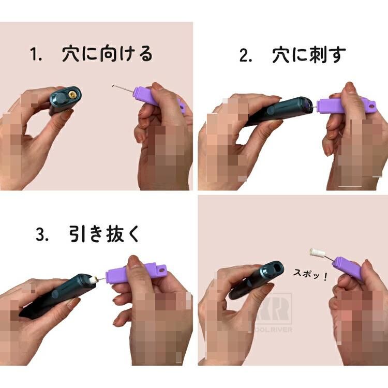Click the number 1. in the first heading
click(36, 54)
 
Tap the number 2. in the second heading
click(246, 55)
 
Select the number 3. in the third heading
click(42, 234)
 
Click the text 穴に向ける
click(107, 53)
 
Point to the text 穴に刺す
click(309, 54)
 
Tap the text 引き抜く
click(104, 234)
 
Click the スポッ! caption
click(310, 274)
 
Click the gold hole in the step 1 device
click(72, 94)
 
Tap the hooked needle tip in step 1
click(113, 86)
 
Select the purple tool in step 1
click(158, 99)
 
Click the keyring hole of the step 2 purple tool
click(371, 106)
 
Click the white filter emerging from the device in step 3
click(93, 280)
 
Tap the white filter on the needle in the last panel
click(317, 253)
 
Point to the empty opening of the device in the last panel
click(277, 268)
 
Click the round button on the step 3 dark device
click(55, 294)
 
